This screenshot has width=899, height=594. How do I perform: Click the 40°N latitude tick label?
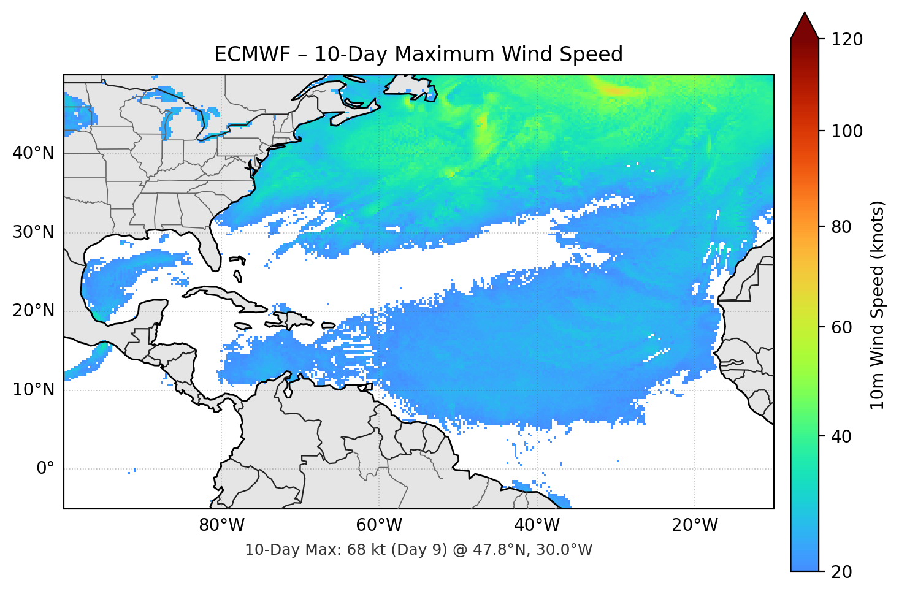[33, 153]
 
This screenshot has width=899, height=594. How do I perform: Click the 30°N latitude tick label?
[33, 232]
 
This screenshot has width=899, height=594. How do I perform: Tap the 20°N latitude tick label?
[33, 311]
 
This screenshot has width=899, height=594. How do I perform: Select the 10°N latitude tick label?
[33, 390]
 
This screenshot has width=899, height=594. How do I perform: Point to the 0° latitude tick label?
[45, 468]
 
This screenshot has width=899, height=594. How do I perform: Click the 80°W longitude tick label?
[221, 525]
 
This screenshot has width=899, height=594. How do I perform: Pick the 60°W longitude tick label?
[379, 525]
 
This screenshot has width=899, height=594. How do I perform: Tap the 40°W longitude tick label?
[537, 525]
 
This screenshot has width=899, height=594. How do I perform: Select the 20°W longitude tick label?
[695, 525]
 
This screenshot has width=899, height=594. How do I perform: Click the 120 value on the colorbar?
[847, 39]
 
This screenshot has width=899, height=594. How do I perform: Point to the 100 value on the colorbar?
[847, 131]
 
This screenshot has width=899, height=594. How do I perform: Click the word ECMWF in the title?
[243, 55]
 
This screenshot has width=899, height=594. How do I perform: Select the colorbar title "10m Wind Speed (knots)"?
[878, 305]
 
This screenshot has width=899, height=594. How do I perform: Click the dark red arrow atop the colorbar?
[805, 26]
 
